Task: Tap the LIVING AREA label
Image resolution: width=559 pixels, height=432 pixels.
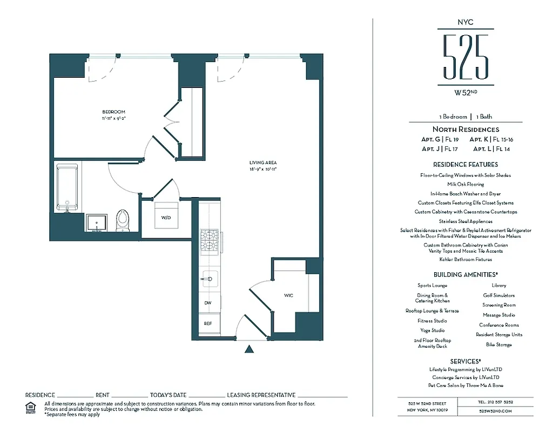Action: coord(263,163)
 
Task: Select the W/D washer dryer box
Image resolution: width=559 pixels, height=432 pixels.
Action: coord(166,218)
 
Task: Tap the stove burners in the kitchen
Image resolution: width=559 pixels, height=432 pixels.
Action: coord(209,241)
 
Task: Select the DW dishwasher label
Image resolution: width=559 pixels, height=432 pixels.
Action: coord(207,303)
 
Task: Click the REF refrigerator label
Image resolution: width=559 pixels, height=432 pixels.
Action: coord(207,323)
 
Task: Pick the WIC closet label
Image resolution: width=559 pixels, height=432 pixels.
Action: coord(288,296)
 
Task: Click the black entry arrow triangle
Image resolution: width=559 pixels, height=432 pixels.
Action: coord(249,349)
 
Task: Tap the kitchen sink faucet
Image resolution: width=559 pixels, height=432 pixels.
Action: coord(208,279)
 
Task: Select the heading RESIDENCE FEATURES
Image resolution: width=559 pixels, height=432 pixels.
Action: coord(465,164)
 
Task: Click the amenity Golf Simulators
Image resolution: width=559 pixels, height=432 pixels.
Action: coord(499,295)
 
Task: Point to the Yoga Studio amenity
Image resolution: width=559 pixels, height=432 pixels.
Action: coord(432,330)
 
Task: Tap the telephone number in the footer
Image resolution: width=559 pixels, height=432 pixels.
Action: coord(495,402)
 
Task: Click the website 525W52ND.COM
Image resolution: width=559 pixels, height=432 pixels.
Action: coord(495,411)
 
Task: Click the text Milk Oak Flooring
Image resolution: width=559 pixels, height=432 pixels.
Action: coord(465,184)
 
